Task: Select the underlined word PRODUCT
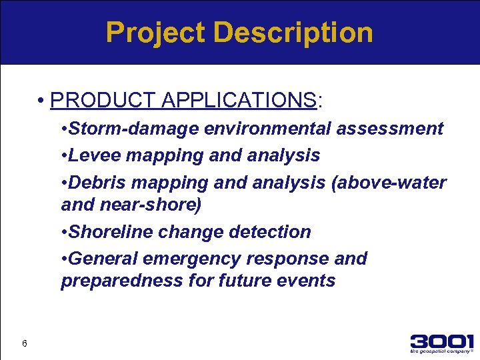click(103, 101)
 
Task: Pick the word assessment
click(390, 129)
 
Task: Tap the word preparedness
click(121, 281)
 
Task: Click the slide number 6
click(24, 343)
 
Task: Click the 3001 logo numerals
click(441, 341)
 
